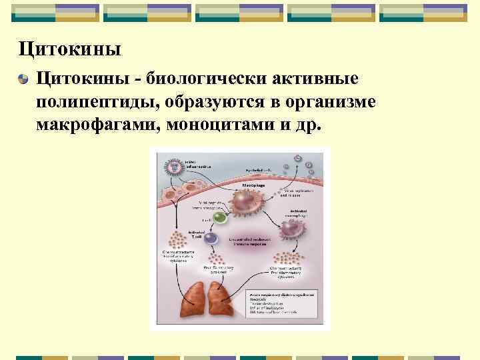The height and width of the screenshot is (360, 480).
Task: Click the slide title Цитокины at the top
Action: coord(69,49)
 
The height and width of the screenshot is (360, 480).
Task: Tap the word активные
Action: coord(314,79)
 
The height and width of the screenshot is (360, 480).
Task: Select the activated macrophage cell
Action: coord(291,229)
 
